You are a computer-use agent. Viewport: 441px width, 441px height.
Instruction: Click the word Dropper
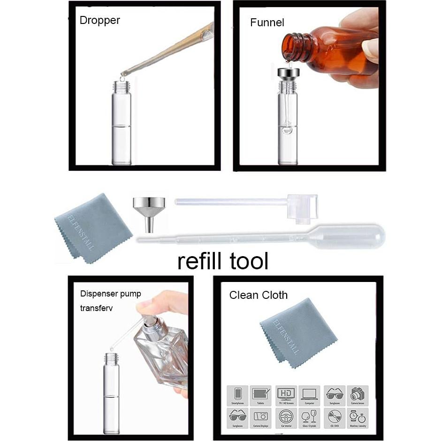(99, 21)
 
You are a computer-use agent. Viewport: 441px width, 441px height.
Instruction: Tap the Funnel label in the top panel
(267, 23)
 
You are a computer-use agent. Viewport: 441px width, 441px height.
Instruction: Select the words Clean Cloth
(258, 295)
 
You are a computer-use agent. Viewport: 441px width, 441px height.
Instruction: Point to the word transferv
(97, 308)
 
